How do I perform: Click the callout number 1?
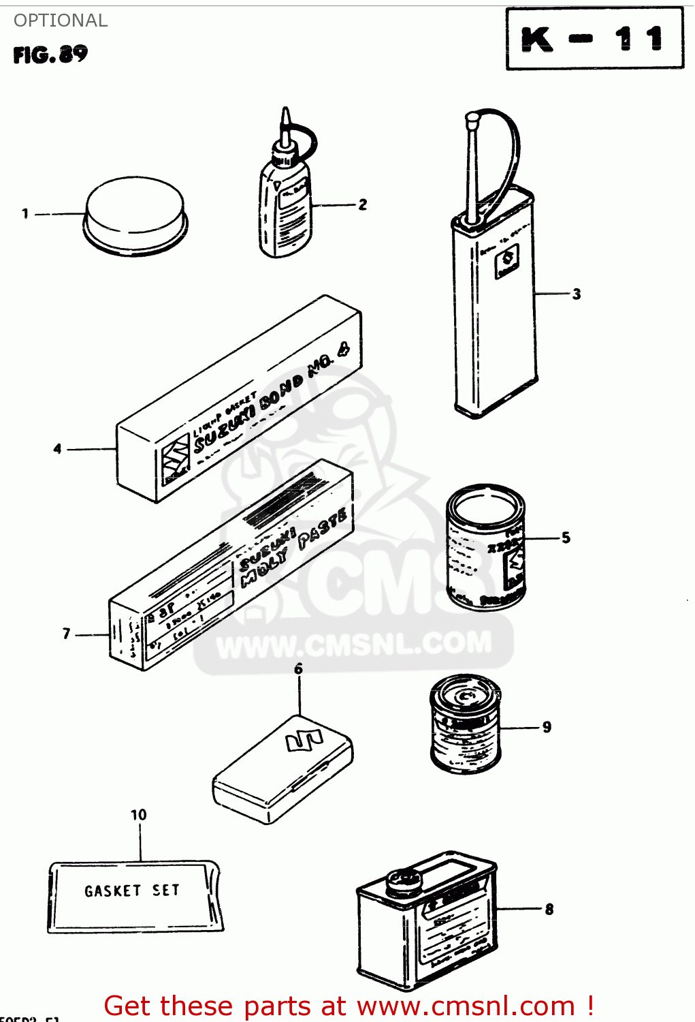point(25,214)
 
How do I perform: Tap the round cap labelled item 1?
point(135,215)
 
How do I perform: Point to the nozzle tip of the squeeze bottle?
point(286,114)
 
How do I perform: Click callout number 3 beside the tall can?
point(576,294)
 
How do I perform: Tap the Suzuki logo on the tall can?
point(506,261)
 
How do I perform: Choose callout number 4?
point(58,449)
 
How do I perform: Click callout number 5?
point(566,538)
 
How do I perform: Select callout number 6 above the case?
point(298,669)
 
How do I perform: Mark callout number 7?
point(66,634)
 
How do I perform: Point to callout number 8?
point(549,909)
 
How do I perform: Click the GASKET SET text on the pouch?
point(132,891)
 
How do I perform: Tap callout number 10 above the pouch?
point(138,815)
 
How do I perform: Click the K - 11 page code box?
point(594,38)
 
